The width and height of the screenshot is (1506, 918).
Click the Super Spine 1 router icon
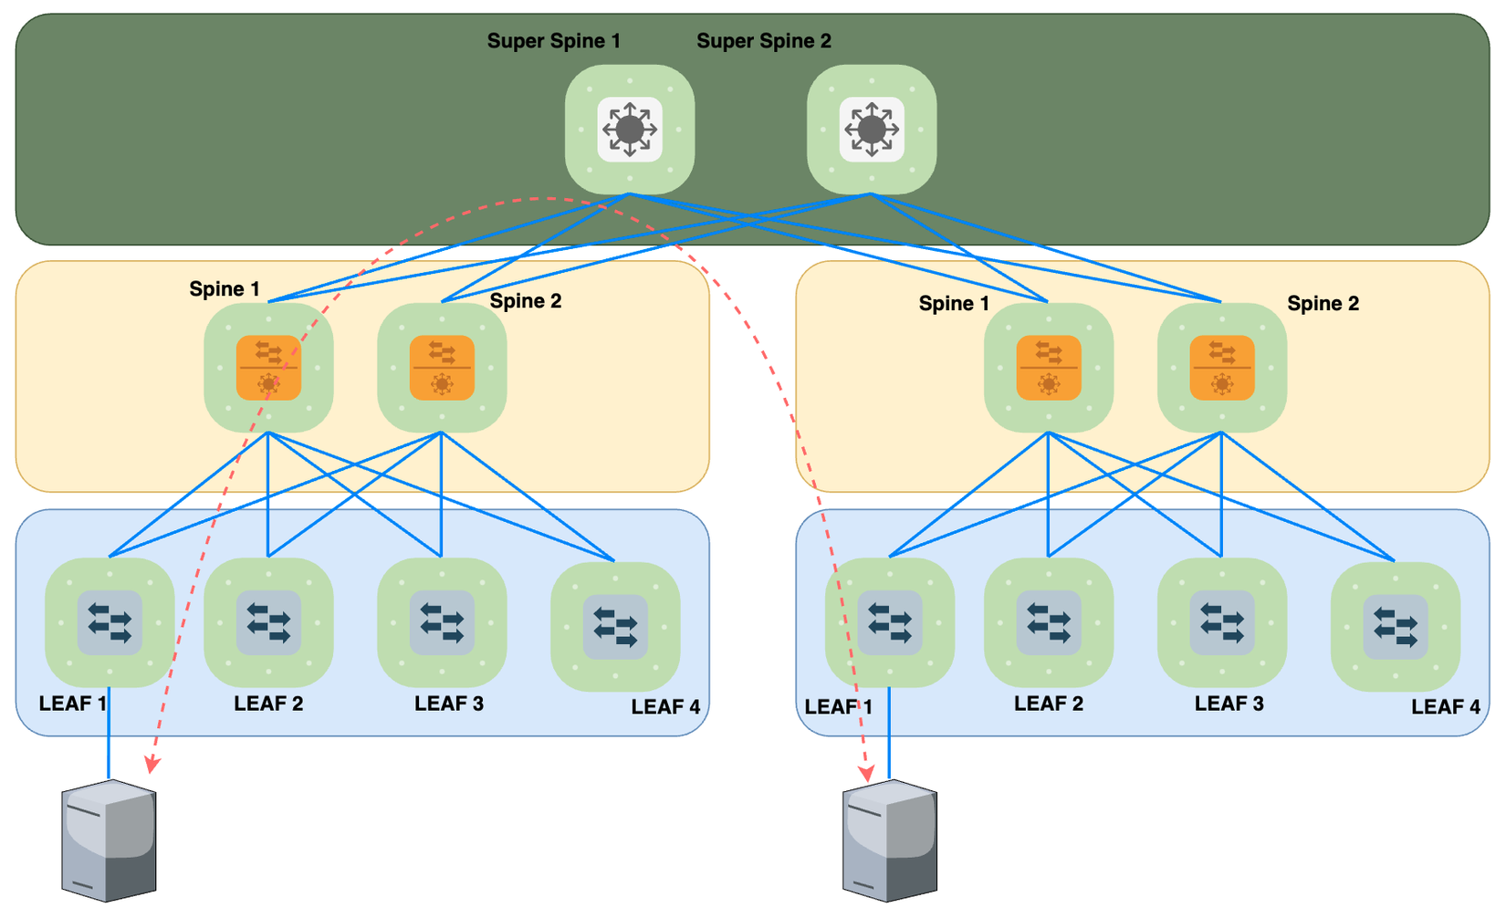[x=630, y=130]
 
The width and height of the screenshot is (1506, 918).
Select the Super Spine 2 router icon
[x=872, y=130]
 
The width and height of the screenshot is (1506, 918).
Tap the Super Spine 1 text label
[x=553, y=41]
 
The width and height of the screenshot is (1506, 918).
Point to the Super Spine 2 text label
[x=763, y=41]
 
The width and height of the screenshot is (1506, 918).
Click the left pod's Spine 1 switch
[x=268, y=368]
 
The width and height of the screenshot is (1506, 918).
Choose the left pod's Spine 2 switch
[x=442, y=368]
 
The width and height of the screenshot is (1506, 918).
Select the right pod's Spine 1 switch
[x=1049, y=368]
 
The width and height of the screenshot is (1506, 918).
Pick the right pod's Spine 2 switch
[x=1222, y=368]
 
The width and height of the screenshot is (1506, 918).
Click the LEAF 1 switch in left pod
[x=110, y=623]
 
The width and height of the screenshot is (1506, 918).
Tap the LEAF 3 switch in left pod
[x=442, y=623]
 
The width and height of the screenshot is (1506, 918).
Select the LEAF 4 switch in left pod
[x=615, y=627]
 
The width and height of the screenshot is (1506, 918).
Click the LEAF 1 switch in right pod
[x=890, y=623]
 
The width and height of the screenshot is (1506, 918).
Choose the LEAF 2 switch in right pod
[x=1049, y=623]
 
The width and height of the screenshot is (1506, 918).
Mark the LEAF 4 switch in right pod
[x=1396, y=627]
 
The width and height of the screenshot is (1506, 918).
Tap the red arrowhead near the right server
[x=867, y=773]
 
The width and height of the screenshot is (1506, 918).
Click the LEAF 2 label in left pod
[x=268, y=704]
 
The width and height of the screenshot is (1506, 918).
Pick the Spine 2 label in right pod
[x=1323, y=304]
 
